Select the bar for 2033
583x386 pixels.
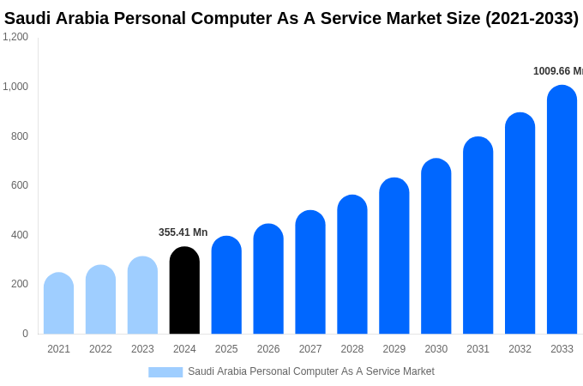pos(562,209)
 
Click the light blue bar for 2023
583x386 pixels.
pos(142,295)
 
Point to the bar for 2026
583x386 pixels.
pos(268,279)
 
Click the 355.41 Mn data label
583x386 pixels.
pos(183,232)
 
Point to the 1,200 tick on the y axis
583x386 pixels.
pos(15,37)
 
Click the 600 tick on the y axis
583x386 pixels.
pos(19,185)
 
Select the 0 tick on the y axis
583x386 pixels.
pos(25,334)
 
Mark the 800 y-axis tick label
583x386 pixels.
pos(19,136)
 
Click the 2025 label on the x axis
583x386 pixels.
pos(226,349)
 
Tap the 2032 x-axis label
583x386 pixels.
pos(520,349)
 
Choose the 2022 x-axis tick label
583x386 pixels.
pos(100,349)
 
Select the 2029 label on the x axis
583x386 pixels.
pos(394,349)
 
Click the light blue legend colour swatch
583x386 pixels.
pos(165,372)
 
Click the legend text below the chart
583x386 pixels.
pos(310,371)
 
